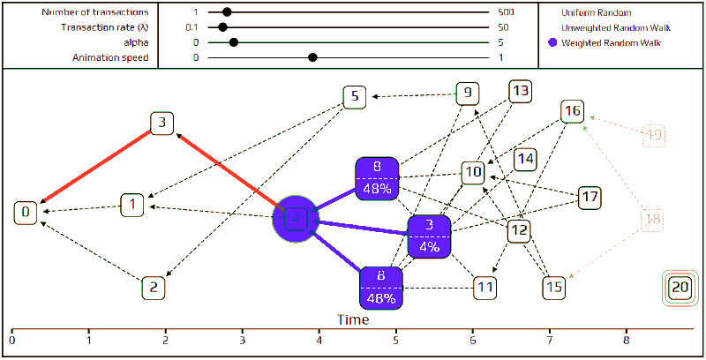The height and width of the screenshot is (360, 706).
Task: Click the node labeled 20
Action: tap(680, 287)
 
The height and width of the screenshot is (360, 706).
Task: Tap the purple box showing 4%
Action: tap(430, 236)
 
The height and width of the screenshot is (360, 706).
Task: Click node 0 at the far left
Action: tap(26, 212)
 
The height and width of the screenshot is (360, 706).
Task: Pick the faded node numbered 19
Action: tap(654, 135)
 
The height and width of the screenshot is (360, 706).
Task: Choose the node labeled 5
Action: tap(354, 96)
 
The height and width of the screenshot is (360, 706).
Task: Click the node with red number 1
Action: tap(131, 206)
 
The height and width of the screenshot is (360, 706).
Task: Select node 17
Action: tap(589, 198)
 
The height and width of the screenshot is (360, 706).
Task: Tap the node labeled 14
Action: tap(526, 159)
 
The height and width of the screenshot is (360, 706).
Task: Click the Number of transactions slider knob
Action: tap(227, 13)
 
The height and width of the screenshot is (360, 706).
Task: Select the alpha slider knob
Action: tap(233, 42)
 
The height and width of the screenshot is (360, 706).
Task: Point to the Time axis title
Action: tap(352, 319)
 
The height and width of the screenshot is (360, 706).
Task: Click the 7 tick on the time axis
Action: tap(550, 338)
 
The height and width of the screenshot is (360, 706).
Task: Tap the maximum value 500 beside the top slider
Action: tap(505, 13)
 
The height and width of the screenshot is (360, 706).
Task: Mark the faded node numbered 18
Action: tap(654, 221)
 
